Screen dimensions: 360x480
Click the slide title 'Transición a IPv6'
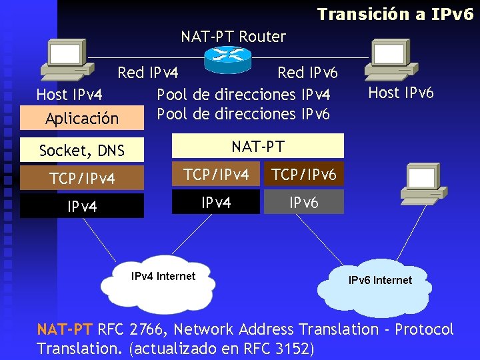click(x=395, y=14)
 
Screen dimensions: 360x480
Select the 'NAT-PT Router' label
click(x=233, y=37)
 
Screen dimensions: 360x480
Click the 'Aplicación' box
click(x=82, y=119)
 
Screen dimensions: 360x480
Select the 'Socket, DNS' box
click(x=82, y=151)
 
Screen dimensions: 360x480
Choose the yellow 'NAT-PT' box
click(x=258, y=145)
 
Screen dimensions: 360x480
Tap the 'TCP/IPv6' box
click(x=304, y=175)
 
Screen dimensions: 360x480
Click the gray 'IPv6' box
click(x=304, y=202)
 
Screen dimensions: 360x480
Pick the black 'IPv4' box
click(x=82, y=206)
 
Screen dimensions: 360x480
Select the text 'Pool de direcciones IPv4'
click(x=243, y=95)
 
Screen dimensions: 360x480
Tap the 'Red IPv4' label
click(x=148, y=72)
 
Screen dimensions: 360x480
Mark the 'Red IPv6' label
click(x=307, y=72)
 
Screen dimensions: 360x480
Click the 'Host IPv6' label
click(x=401, y=93)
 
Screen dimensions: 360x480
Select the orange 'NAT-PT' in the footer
click(x=65, y=329)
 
